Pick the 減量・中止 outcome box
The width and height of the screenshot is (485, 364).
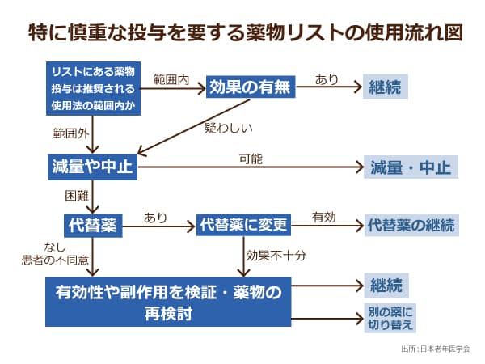point(410,167)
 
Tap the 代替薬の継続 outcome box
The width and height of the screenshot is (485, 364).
point(411,224)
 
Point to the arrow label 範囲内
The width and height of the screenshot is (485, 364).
point(171,80)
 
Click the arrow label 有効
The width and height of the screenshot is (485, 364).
point(324,217)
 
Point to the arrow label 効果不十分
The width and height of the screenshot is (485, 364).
point(276,254)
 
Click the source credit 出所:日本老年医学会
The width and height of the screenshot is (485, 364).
point(434,349)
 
